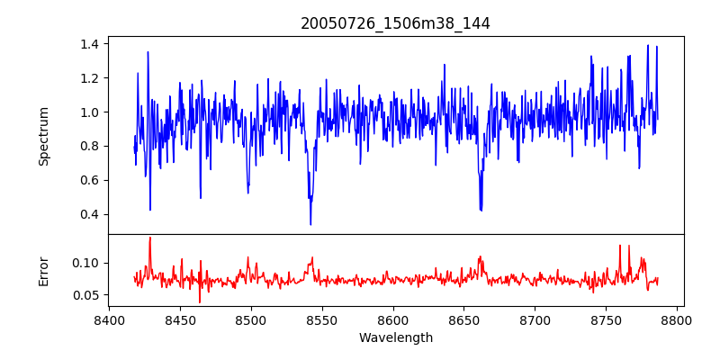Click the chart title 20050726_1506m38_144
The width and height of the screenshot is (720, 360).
[x=395, y=23]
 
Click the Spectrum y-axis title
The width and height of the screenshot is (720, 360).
[x=43, y=136]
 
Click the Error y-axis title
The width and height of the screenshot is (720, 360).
[x=43, y=271]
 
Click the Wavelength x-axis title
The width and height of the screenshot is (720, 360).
[x=395, y=337]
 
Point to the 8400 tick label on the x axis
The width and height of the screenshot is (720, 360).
[x=109, y=320]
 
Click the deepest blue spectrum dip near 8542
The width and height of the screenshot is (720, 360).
[x=310, y=224]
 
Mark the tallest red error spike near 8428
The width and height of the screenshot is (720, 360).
[x=149, y=238]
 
